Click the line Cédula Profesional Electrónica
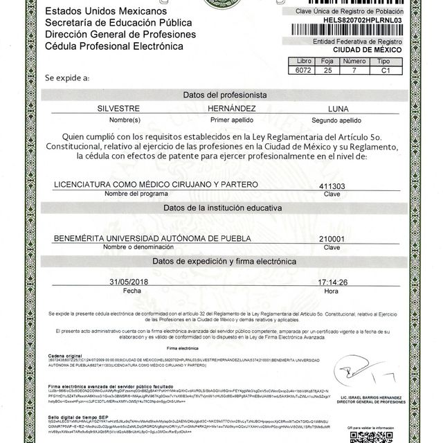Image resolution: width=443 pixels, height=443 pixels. click(x=114, y=46)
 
